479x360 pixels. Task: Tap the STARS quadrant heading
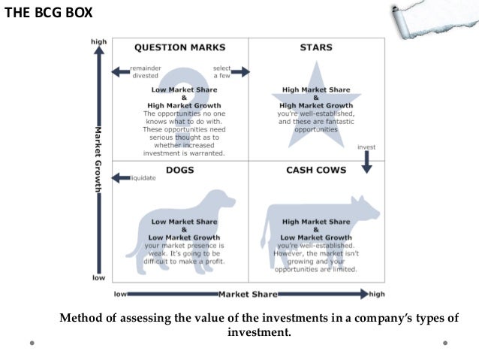(315, 47)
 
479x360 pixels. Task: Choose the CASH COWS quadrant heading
(316, 170)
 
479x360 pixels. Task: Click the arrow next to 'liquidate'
(120, 178)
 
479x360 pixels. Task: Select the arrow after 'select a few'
(240, 72)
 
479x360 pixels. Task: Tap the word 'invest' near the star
(366, 147)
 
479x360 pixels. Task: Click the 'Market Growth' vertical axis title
(98, 159)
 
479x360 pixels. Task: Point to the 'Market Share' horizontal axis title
(248, 293)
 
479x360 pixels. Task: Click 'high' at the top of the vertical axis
(98, 42)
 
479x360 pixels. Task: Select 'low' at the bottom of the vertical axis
(98, 278)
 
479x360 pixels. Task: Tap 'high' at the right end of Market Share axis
(378, 293)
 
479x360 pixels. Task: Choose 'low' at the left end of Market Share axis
(119, 293)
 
